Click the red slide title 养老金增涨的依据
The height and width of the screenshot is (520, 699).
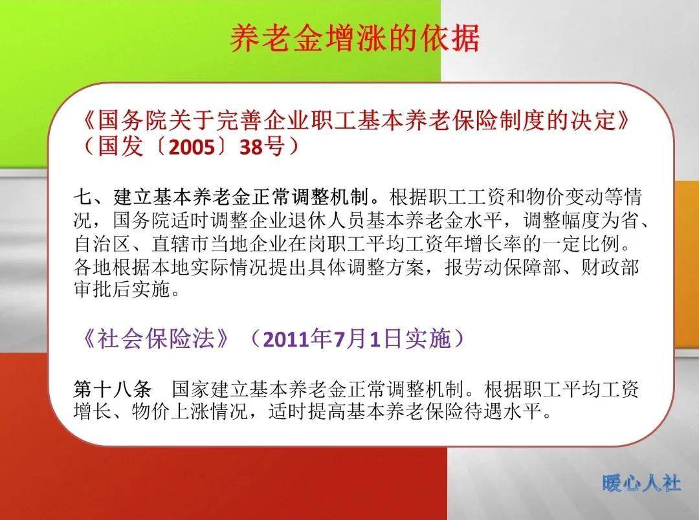355,39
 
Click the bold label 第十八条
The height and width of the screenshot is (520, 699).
113,389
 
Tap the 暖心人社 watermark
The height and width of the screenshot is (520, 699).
641,482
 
